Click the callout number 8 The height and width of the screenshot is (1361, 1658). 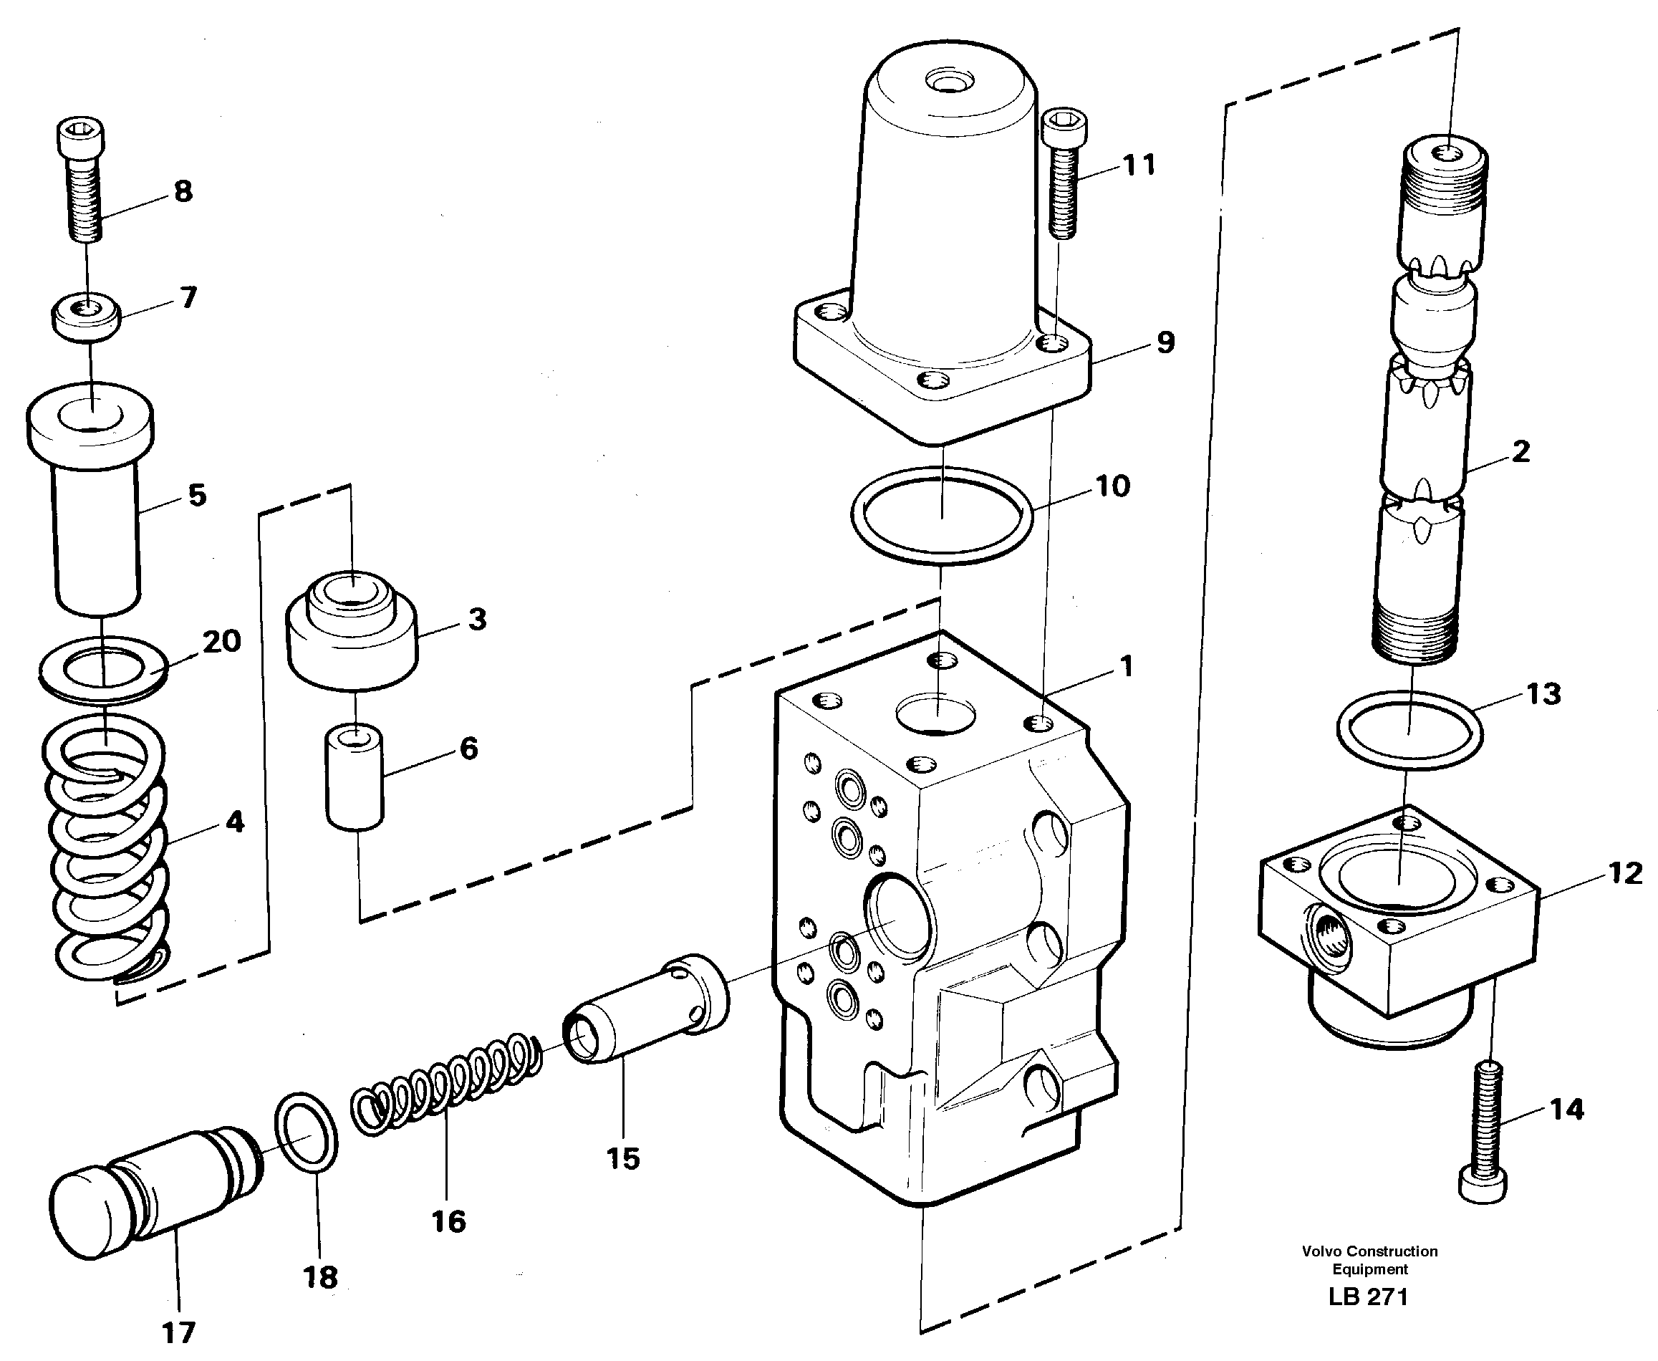[x=183, y=191]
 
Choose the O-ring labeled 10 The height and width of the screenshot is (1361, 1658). [x=942, y=515]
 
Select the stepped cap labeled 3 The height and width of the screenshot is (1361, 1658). [x=351, y=639]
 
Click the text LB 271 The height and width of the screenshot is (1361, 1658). [x=1368, y=1297]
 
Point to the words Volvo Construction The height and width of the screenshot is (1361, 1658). [x=1369, y=1251]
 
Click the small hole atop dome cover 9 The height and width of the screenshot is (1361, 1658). [x=948, y=80]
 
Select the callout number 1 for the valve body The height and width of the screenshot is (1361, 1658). [x=1127, y=666]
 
